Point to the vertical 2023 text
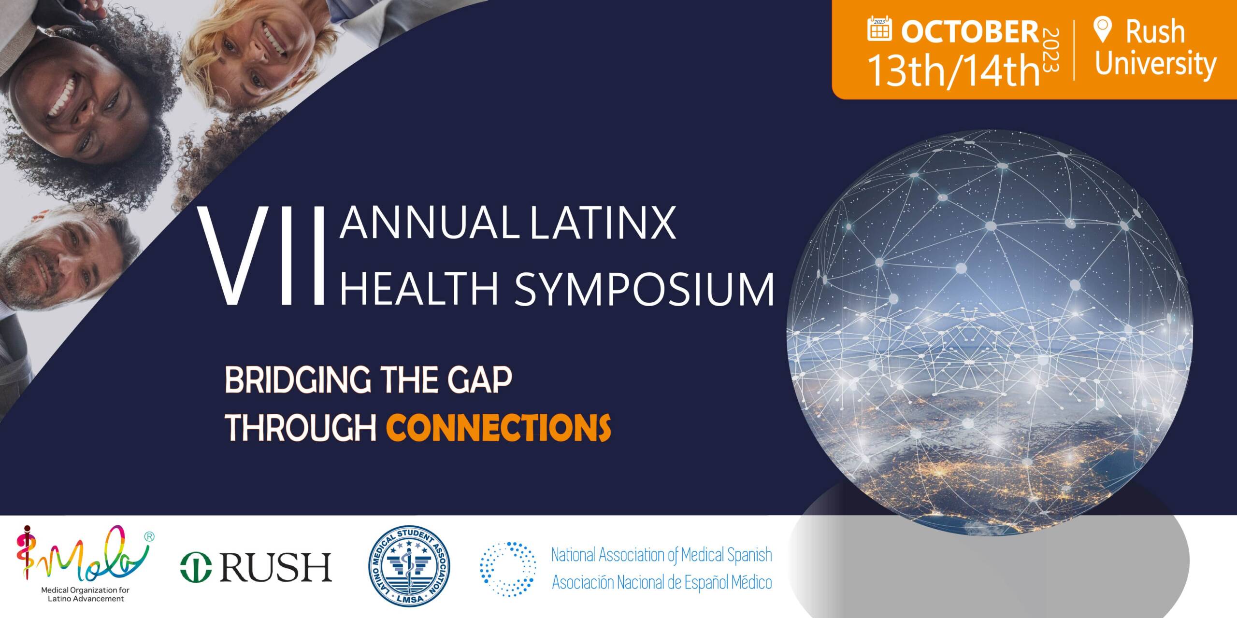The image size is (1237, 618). (x=1051, y=51)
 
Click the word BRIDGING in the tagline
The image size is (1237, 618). (x=298, y=380)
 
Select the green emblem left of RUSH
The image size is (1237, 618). (x=196, y=567)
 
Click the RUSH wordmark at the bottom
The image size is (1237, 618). (x=275, y=567)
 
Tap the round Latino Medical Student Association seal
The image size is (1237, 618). (x=409, y=566)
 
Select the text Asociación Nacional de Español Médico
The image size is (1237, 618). (x=662, y=583)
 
